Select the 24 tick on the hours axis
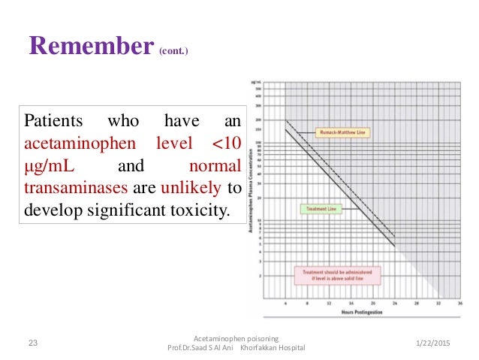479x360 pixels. (x=395, y=304)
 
